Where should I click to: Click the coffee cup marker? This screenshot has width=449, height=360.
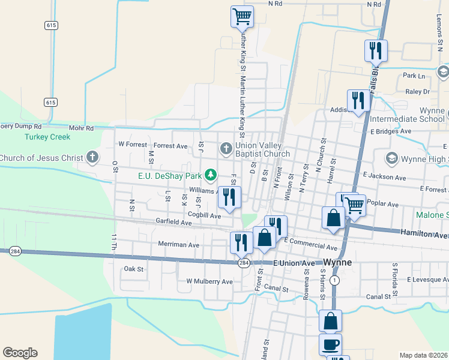(331, 345)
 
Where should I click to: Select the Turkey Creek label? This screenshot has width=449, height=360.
(47, 137)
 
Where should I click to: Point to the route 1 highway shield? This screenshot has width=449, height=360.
(334, 280)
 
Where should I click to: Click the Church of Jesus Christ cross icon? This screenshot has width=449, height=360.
(92, 158)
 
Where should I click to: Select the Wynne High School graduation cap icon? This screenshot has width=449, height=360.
(392, 158)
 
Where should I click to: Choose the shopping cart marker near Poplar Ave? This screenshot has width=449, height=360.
(355, 205)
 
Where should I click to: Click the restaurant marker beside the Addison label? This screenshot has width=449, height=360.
(358, 100)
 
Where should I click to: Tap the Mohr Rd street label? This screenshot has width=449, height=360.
(81, 128)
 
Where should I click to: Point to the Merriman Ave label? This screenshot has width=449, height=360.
(178, 245)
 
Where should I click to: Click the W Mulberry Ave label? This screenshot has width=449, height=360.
(209, 281)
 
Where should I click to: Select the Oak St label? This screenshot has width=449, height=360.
(133, 269)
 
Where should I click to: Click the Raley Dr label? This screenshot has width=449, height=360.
(417, 92)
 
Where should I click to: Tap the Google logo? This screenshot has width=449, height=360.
(20, 353)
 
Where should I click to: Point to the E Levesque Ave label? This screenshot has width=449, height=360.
(427, 280)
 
